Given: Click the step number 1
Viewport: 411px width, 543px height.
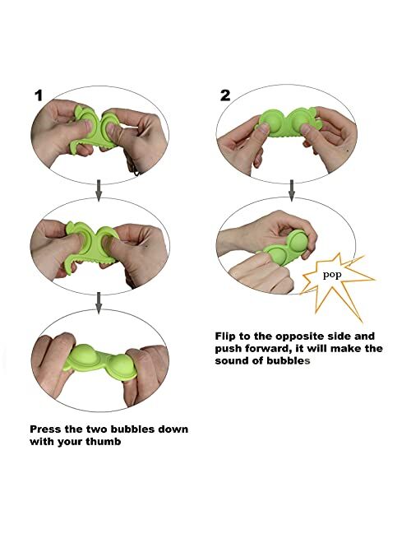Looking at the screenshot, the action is pos(39,95).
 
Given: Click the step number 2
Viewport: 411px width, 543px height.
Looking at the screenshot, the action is pos(225,95).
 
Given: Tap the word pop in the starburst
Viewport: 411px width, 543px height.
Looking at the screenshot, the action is pos(332,276).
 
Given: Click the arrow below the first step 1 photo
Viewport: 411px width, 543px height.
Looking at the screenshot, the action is pos(99,190).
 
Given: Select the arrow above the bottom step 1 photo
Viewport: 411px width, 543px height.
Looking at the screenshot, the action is pos(99,303).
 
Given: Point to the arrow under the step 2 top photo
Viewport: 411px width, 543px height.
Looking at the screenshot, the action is pos(292,190).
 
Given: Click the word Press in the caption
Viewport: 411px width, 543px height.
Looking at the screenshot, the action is pos(43,429).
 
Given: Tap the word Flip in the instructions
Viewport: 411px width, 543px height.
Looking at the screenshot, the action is pos(224,336).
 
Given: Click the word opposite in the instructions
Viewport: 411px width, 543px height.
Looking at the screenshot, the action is pos(299,337).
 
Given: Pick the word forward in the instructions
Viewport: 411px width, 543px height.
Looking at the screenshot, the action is pos(266,349).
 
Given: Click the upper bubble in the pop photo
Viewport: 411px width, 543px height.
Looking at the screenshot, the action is pos(297,242).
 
